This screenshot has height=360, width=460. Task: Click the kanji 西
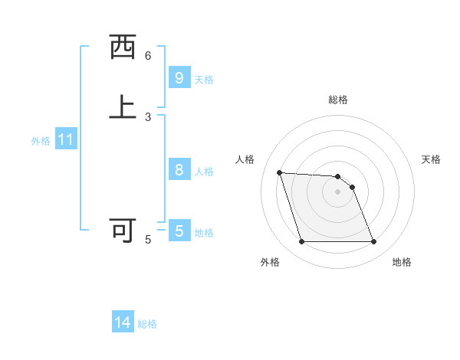coord(123,47)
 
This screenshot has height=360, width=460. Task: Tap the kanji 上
coord(123,106)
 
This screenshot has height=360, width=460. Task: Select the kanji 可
coord(123,230)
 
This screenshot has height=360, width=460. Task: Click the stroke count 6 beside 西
coord(148,56)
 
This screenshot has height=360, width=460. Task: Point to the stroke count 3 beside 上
coord(148,116)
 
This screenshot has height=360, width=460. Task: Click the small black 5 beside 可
coord(148,240)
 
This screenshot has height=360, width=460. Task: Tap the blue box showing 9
coord(179,77)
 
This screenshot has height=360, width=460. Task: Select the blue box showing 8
coord(179,170)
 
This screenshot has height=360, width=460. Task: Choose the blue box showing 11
coord(66,140)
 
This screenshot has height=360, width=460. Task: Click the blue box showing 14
coord(123,323)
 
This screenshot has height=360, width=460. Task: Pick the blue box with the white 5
coord(179,231)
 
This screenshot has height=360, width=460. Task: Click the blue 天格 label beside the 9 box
coord(204,80)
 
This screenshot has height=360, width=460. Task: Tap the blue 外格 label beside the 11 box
coord(41,141)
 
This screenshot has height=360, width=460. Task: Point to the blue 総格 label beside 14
coord(147,324)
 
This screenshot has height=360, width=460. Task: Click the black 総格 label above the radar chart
coord(338,100)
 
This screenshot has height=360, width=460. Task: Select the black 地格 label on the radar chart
coord(402,262)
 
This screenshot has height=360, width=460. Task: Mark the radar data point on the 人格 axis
coord(280,172)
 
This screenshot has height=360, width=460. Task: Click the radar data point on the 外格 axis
coord(301,242)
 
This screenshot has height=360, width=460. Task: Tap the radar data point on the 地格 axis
coord(373,242)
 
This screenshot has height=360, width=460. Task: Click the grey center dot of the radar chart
coord(337,191)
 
